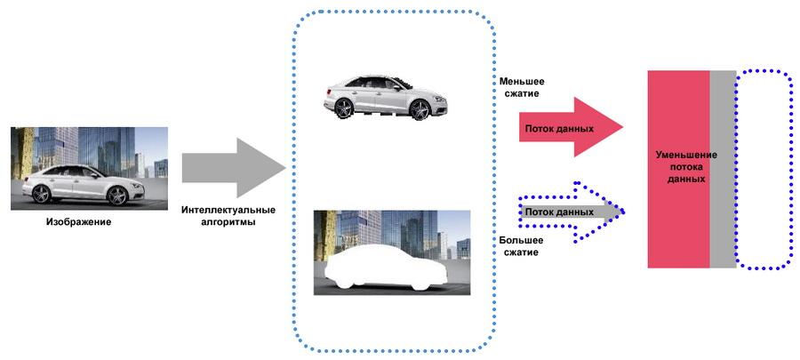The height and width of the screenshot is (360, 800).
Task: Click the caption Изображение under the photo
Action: [78, 220]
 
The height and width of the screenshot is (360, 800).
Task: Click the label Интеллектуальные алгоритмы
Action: [228, 216]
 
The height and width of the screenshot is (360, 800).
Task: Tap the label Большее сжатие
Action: [518, 245]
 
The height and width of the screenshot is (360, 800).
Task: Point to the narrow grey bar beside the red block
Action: [723, 169]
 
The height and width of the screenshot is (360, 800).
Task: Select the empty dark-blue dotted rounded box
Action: [764, 169]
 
